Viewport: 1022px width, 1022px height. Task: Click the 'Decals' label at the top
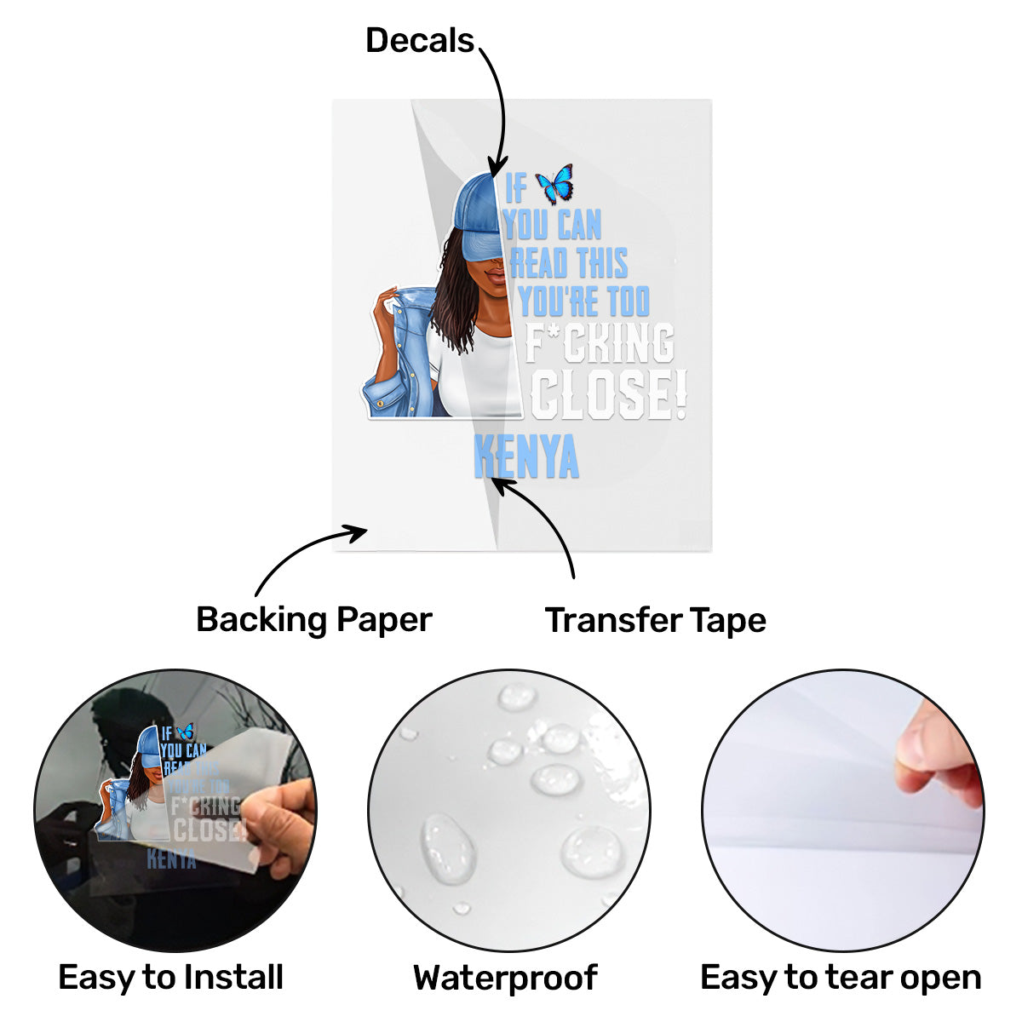point(419,41)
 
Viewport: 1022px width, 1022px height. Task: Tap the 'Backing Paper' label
point(313,619)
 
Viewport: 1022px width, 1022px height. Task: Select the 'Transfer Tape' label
point(655,620)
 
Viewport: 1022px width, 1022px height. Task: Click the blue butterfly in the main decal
point(554,184)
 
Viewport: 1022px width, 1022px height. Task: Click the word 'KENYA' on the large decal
point(525,458)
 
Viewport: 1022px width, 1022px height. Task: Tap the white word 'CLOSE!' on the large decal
point(608,395)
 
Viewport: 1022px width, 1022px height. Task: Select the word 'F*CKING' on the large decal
point(599,343)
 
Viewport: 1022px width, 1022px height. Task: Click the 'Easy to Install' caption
point(170,977)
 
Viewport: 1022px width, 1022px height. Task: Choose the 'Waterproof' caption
point(505,978)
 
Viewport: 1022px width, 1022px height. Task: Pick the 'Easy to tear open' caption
point(840,977)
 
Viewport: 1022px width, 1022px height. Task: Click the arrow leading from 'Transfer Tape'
point(545,520)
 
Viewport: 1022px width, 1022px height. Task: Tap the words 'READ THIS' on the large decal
point(569,264)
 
